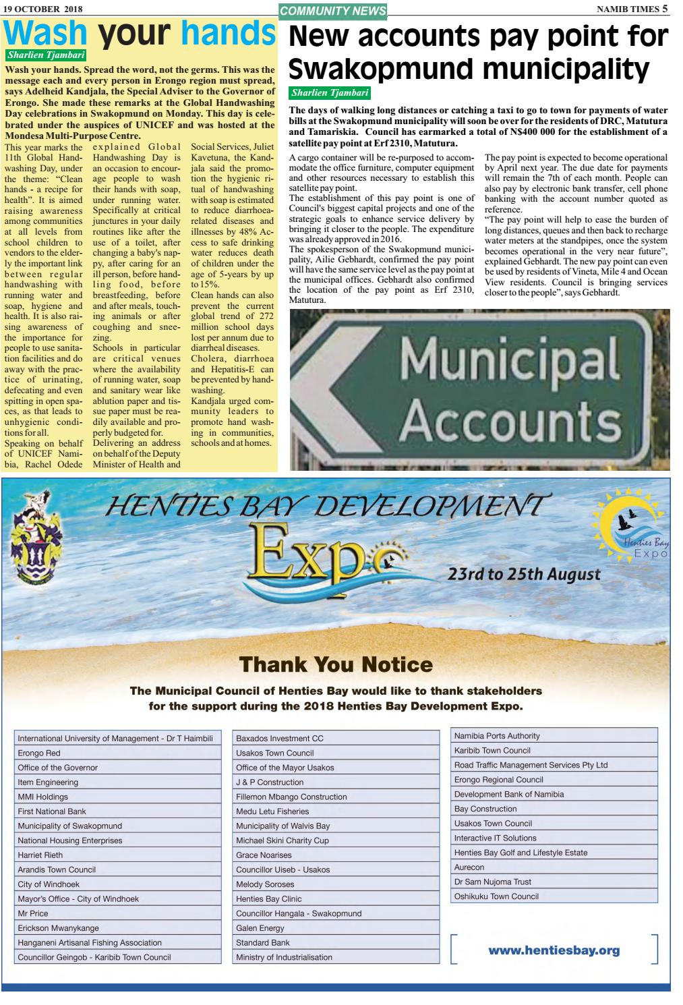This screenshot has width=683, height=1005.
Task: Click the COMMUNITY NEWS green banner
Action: pyautogui.click(x=333, y=10)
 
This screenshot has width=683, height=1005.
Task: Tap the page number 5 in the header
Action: pyautogui.click(x=665, y=9)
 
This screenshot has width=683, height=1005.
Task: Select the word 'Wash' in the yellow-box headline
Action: pyautogui.click(x=46, y=33)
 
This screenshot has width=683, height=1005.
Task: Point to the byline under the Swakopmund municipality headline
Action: pyautogui.click(x=330, y=92)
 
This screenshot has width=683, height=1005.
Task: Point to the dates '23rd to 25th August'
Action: pyautogui.click(x=523, y=575)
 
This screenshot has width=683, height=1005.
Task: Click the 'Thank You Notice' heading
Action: pyautogui.click(x=336, y=664)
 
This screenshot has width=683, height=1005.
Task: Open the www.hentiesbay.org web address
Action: pyautogui.click(x=554, y=950)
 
